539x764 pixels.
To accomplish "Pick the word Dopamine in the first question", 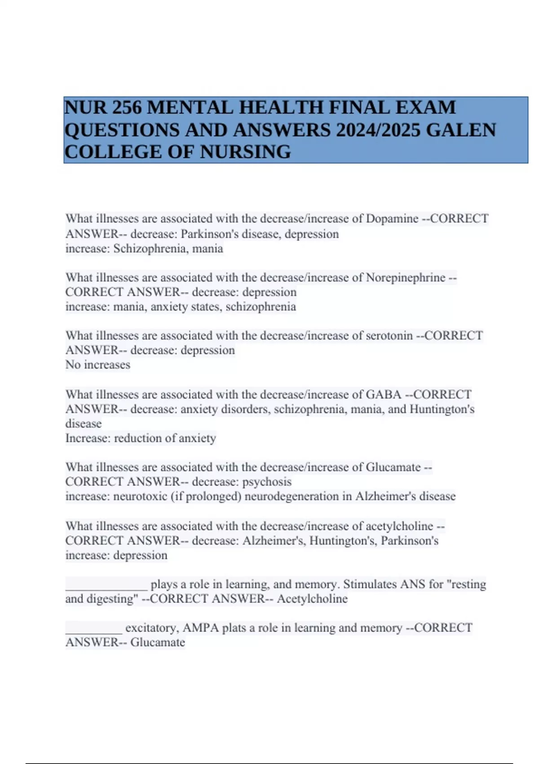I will [x=392, y=219].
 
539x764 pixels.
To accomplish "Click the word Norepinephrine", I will [x=406, y=277].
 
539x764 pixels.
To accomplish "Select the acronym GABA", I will [x=384, y=395].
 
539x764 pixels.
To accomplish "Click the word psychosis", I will [x=267, y=482].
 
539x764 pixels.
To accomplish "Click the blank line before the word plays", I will [x=106, y=586].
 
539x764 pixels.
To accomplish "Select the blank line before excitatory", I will [x=93, y=630].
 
